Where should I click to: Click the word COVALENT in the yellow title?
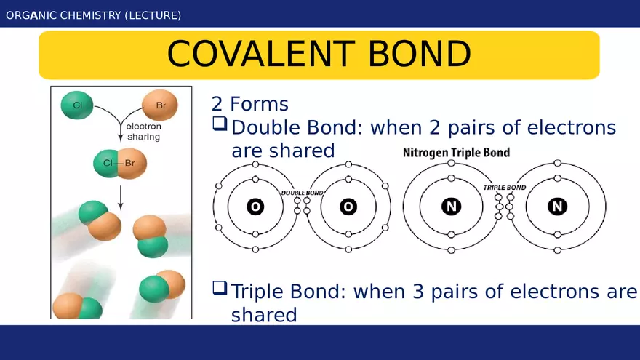click(261, 54)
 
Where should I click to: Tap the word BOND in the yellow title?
click(420, 54)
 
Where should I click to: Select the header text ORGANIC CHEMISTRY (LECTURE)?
click(94, 15)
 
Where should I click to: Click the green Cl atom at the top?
click(77, 105)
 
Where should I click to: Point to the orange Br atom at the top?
click(159, 105)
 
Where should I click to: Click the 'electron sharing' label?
click(144, 132)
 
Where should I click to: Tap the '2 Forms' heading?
click(249, 104)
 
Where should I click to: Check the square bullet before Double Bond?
click(220, 124)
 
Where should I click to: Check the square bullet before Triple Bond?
click(220, 288)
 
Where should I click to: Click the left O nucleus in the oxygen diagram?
click(255, 207)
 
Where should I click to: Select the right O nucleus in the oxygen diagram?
click(348, 207)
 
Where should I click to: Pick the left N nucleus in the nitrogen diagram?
click(451, 206)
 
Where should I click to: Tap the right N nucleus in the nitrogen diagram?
click(558, 206)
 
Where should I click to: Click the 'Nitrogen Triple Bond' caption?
click(456, 153)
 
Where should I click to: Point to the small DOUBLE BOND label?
click(302, 193)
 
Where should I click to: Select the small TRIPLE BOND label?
click(505, 188)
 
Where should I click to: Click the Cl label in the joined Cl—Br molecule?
click(108, 163)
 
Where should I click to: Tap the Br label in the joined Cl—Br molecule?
click(129, 163)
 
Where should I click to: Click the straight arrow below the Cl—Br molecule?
click(121, 198)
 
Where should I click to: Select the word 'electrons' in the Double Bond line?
click(572, 127)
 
